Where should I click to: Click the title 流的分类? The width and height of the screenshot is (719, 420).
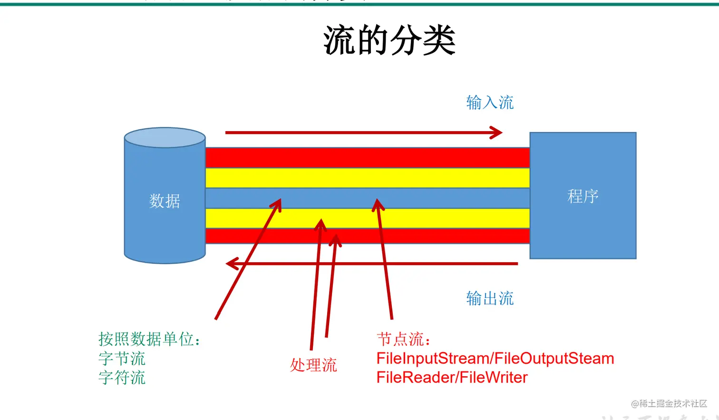(x=389, y=41)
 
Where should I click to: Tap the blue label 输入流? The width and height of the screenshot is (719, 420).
(x=490, y=103)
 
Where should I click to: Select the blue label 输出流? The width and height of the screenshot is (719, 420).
(x=490, y=298)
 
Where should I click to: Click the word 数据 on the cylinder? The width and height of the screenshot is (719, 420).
(x=165, y=201)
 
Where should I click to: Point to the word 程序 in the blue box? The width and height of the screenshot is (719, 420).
(x=583, y=196)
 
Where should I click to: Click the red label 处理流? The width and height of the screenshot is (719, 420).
(x=313, y=365)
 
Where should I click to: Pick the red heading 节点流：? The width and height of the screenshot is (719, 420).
(x=404, y=339)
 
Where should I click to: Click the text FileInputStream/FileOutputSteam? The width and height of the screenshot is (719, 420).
(x=495, y=358)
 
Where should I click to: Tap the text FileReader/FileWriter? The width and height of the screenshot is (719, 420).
(x=452, y=377)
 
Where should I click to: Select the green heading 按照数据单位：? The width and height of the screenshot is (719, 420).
(x=149, y=339)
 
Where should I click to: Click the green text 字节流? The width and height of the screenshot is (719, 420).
(x=122, y=358)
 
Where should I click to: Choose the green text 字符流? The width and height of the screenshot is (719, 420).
(x=122, y=378)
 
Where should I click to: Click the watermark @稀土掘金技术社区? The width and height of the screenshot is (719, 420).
(x=669, y=403)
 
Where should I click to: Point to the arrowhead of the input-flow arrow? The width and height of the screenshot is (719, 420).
(x=497, y=133)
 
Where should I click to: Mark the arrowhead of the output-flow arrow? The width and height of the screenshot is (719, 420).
(x=231, y=263)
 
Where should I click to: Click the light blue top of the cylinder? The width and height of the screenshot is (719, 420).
(x=165, y=138)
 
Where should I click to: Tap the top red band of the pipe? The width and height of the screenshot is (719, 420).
(x=367, y=158)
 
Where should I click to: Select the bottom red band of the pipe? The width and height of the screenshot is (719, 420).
(x=428, y=236)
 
